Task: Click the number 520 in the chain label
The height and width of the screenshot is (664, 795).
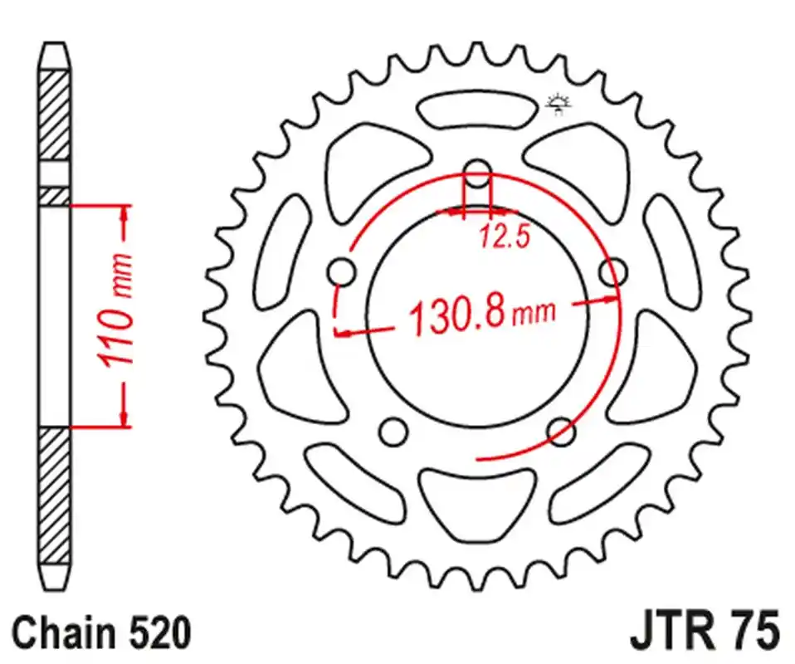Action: (157, 633)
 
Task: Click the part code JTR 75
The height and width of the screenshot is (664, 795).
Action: (705, 632)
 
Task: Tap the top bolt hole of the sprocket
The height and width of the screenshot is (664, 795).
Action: (477, 174)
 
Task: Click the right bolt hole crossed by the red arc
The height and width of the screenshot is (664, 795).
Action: (613, 272)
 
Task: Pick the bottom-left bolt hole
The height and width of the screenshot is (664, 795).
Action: (393, 432)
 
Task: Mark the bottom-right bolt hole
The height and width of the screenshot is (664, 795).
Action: (562, 432)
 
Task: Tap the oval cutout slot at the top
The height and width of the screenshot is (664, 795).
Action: (477, 109)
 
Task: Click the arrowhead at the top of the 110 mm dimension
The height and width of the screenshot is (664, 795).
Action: (124, 214)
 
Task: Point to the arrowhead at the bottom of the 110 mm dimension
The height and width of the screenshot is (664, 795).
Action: (124, 417)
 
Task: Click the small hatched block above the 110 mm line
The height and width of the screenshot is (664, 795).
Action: (55, 195)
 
